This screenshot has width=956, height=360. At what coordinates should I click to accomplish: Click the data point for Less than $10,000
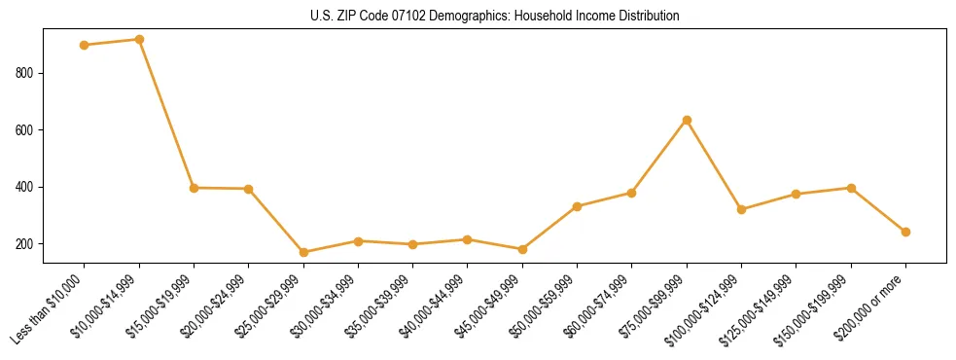pos(85,45)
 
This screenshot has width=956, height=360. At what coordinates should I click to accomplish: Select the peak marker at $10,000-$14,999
pos(139,40)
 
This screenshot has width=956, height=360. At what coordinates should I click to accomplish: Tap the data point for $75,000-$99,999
pos(687,120)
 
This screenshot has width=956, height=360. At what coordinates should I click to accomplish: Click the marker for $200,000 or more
pos(905,232)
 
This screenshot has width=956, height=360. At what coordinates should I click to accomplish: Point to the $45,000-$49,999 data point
pos(522,249)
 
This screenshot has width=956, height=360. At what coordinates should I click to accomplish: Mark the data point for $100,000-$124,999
pos(741,209)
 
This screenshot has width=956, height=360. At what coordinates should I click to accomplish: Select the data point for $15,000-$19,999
pos(194,188)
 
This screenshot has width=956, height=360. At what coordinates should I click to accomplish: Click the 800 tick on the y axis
pos(26,73)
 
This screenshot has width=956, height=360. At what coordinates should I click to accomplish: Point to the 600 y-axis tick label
pos(26,130)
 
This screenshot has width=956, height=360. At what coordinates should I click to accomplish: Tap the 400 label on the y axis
pos(26,187)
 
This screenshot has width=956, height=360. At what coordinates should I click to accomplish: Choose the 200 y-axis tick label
pos(26,243)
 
